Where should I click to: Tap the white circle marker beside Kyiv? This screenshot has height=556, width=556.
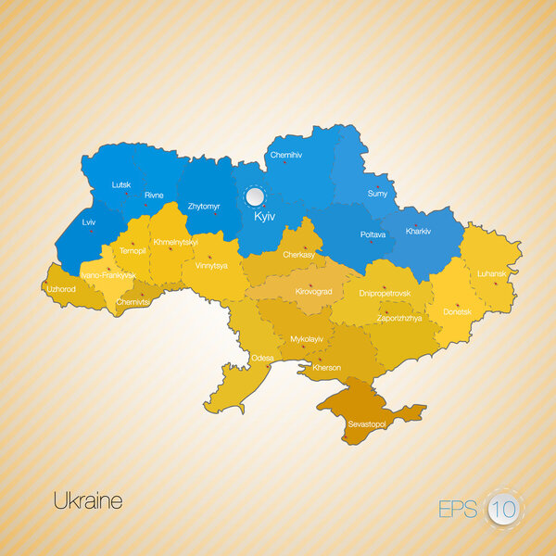pyautogui.click(x=254, y=196)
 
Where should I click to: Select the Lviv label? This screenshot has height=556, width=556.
pyautogui.click(x=89, y=223)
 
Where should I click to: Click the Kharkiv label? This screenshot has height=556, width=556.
pyautogui.click(x=420, y=231)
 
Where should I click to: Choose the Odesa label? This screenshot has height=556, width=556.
pyautogui.click(x=262, y=358)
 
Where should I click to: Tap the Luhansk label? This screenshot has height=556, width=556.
pyautogui.click(x=490, y=274)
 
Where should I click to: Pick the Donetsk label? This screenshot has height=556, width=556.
pyautogui.click(x=458, y=312)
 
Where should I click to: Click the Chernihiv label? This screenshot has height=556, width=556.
pyautogui.click(x=286, y=156)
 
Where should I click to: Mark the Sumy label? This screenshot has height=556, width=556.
pyautogui.click(x=378, y=194)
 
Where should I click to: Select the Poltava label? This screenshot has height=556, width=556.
pyautogui.click(x=373, y=235)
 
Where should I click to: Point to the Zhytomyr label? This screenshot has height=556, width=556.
pyautogui.click(x=204, y=205)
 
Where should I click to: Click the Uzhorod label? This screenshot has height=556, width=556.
pyautogui.click(x=61, y=288)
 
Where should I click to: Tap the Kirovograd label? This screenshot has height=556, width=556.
pyautogui.click(x=313, y=291)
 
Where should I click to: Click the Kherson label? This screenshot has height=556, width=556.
pyautogui.click(x=327, y=368)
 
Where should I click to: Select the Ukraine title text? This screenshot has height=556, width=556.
pyautogui.click(x=88, y=501)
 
